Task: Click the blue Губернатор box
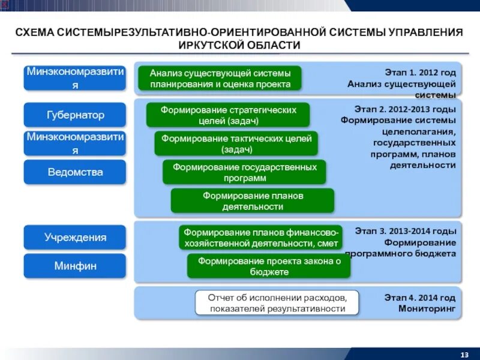coord(75,115)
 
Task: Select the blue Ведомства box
coord(75,172)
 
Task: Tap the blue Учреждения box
coord(75,238)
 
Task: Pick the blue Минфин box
coord(75,266)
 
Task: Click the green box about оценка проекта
coord(220,79)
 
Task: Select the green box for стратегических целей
coord(228,115)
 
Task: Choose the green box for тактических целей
coord(236,144)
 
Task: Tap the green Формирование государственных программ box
coord(244,172)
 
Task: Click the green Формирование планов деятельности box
coord(253,201)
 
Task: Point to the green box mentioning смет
coord(261,238)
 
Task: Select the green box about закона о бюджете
coord(269,266)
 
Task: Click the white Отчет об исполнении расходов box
coord(277,303)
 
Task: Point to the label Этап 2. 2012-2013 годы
coord(405,109)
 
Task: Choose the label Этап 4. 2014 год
coord(419,298)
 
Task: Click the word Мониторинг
coord(427,308)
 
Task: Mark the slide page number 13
coord(464,352)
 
